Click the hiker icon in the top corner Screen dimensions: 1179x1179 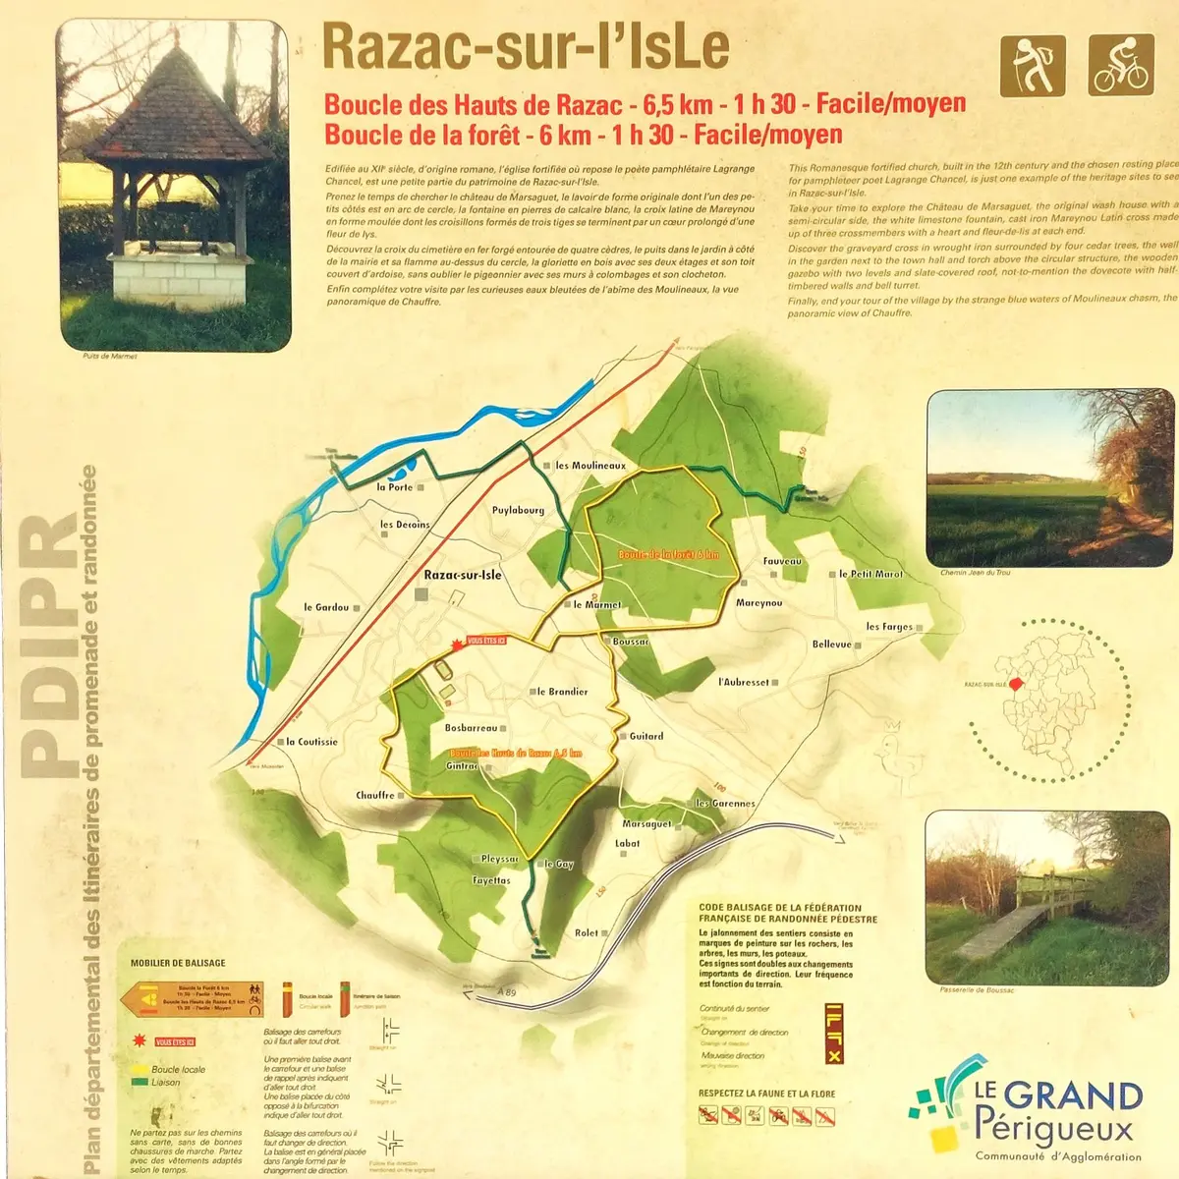coord(1033,66)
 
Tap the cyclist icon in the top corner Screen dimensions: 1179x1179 coord(1121,66)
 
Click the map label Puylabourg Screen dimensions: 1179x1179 coord(518,510)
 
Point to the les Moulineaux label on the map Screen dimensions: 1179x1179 coord(589,465)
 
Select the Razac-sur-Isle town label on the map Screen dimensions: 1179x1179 coord(463,575)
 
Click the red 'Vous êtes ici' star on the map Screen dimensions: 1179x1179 coord(456,644)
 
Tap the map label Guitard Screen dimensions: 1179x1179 coord(646,736)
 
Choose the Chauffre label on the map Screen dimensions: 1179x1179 coord(375,795)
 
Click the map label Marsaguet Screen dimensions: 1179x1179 coord(646,824)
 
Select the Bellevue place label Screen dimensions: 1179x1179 coord(832,645)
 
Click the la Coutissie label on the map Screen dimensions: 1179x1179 coord(311,742)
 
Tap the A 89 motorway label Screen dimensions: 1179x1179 coord(506,992)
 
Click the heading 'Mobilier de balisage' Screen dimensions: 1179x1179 coord(178,963)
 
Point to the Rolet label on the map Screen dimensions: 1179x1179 coord(587,932)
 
